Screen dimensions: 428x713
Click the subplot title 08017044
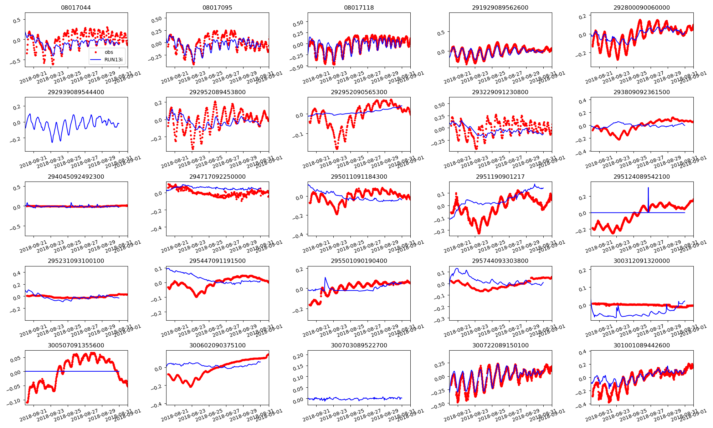pyautogui.click(x=76, y=7)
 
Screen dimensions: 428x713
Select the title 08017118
pyautogui.click(x=359, y=7)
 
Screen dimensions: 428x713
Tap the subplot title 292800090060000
pyautogui.click(x=641, y=7)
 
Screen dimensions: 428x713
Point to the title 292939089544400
pyautogui.click(x=76, y=92)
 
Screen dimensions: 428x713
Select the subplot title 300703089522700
pyautogui.click(x=359, y=345)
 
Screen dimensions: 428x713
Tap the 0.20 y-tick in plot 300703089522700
pyautogui.click(x=298, y=356)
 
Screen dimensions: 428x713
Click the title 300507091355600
pyautogui.click(x=76, y=345)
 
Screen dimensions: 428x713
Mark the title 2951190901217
pyautogui.click(x=500, y=177)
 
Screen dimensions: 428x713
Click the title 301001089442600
pyautogui.click(x=641, y=345)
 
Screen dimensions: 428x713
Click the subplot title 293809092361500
pyautogui.click(x=641, y=92)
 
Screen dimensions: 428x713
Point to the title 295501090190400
pyautogui.click(x=359, y=261)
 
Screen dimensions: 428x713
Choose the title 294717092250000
pyautogui.click(x=217, y=177)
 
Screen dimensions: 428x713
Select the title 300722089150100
pyautogui.click(x=500, y=345)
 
